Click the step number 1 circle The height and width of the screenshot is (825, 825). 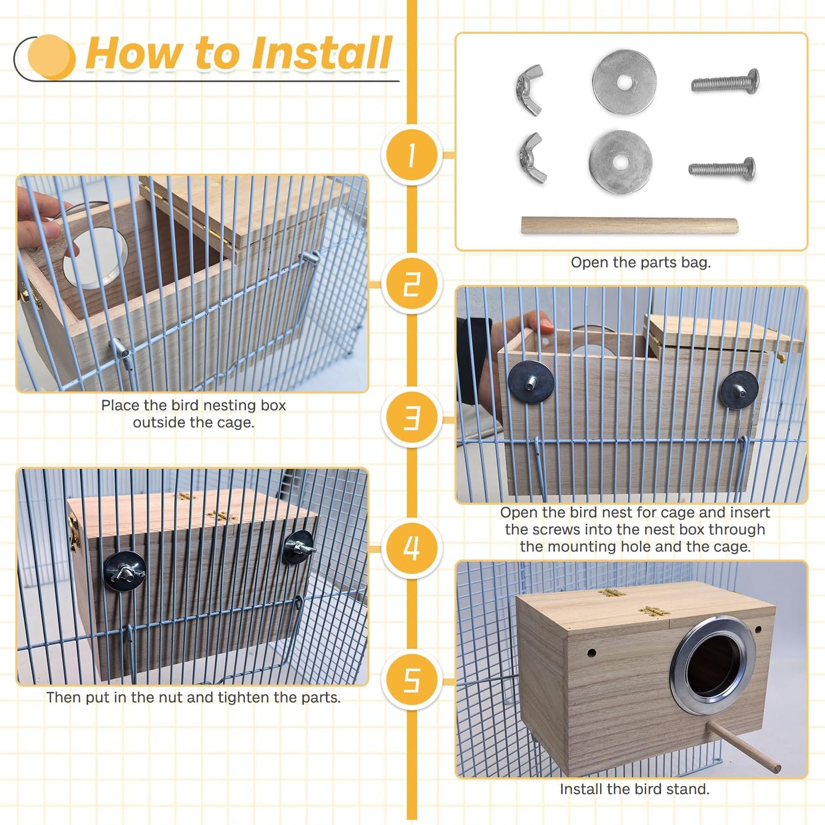412,155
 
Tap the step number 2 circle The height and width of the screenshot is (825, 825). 412,284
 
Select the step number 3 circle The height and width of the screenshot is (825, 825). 412,417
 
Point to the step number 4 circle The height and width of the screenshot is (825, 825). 412,548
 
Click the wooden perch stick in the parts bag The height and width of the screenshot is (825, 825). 629,226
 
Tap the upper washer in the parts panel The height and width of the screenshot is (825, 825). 625,82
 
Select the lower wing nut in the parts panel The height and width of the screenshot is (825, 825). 532,158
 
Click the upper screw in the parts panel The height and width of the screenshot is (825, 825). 725,82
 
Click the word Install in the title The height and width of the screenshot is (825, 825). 321,53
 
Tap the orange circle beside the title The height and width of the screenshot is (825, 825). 51,57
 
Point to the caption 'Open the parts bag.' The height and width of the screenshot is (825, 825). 641,263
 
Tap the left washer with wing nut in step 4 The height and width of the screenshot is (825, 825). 124,572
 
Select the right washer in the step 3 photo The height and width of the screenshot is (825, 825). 739,389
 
